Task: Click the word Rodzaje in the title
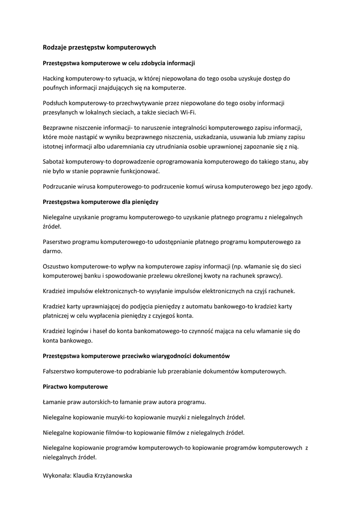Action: [55, 47]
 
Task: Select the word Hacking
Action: [55, 78]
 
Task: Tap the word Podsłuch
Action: [56, 103]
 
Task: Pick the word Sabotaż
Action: [54, 162]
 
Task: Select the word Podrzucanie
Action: [60, 187]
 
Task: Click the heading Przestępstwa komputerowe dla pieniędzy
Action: [101, 202]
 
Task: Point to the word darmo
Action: [52, 252]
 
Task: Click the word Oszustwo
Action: [56, 266]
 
